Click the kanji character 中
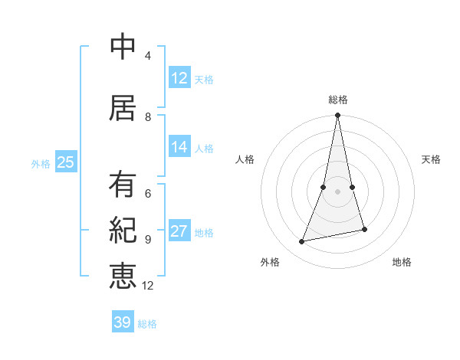123,47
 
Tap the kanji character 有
123,185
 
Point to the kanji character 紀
123,230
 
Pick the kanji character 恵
123,275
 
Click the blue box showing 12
179,78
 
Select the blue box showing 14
179,147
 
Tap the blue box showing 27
179,231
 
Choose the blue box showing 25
65,162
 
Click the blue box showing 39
123,322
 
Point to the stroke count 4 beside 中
148,56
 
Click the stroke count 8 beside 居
148,116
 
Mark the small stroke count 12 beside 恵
148,285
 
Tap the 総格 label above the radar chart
337,100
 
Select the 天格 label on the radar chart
431,159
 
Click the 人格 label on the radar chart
245,159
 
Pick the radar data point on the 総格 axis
337,116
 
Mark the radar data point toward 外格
302,241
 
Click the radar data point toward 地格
364,229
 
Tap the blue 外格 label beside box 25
41,163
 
